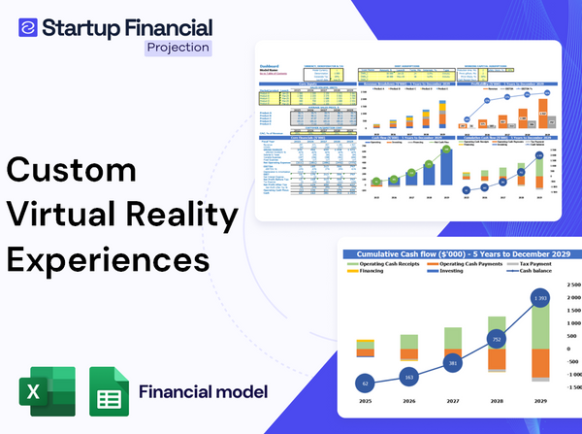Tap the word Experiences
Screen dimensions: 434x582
108,260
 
